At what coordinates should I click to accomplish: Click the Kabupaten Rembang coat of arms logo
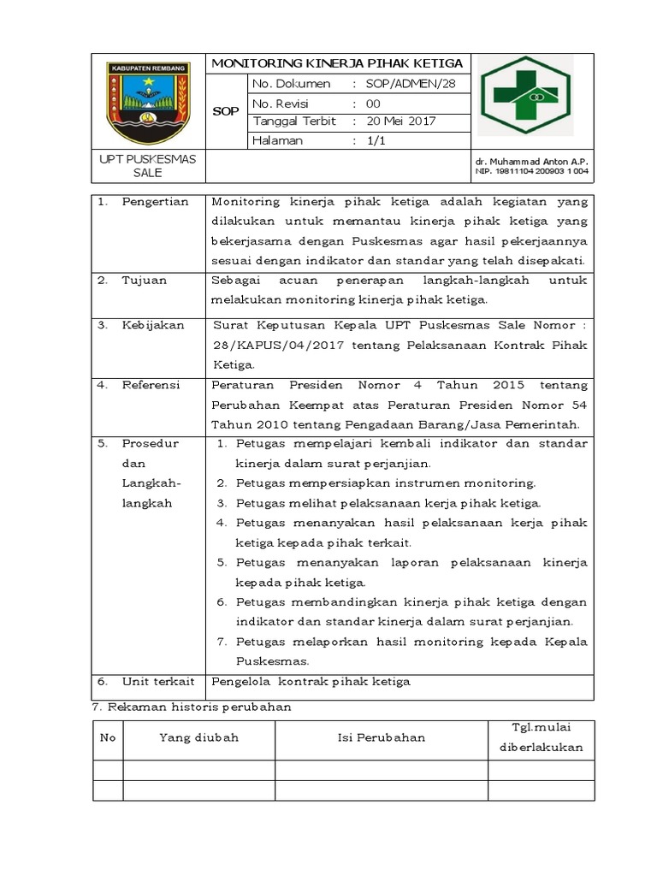(x=147, y=102)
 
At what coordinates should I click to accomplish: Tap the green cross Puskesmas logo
(x=526, y=97)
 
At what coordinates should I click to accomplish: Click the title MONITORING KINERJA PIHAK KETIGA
(x=337, y=63)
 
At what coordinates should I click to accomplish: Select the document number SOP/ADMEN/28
(x=405, y=84)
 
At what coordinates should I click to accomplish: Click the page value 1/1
(x=376, y=141)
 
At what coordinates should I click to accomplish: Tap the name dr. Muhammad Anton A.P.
(x=532, y=161)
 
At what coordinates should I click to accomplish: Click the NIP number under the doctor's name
(x=532, y=171)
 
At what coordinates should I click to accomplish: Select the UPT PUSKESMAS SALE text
(x=148, y=166)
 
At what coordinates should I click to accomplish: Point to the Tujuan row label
(x=144, y=280)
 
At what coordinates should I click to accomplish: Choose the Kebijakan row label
(x=152, y=325)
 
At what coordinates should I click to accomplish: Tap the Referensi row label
(x=151, y=385)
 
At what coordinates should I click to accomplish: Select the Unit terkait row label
(x=157, y=682)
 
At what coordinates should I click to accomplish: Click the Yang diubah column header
(x=198, y=737)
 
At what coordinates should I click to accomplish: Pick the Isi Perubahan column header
(x=381, y=737)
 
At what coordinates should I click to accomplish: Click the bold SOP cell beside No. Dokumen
(x=226, y=112)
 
